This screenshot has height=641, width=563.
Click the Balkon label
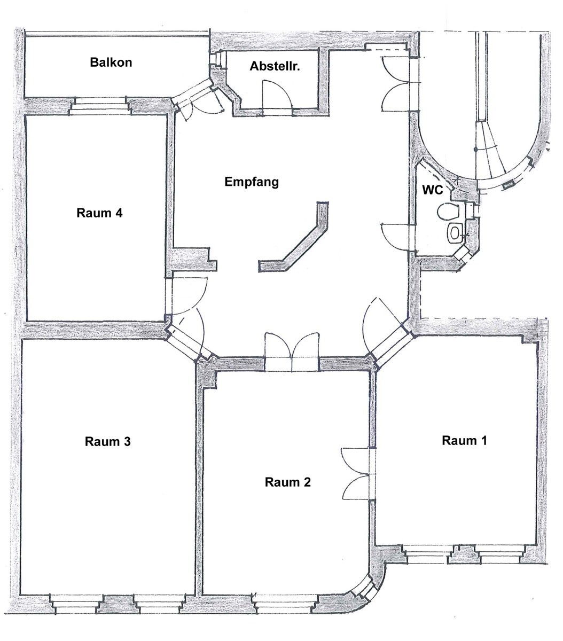[111, 62]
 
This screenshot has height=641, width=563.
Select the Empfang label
[252, 182]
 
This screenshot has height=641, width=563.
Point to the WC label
[432, 190]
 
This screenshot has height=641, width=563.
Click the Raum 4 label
[100, 213]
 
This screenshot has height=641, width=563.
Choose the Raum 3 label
[107, 442]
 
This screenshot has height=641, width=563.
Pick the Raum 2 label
[287, 482]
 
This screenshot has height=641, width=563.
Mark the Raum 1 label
[464, 441]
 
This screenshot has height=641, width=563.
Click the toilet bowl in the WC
[448, 212]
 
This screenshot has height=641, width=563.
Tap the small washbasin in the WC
[455, 232]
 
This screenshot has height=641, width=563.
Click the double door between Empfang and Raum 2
[292, 353]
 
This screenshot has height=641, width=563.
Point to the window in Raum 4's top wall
[100, 106]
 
